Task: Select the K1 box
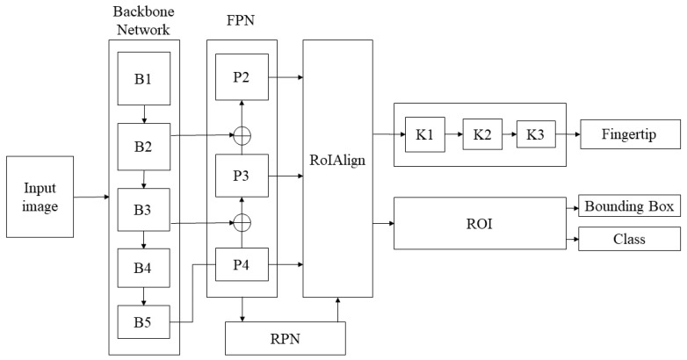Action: point(423,135)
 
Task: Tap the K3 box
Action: point(535,135)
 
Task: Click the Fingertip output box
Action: point(628,136)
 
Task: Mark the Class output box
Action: point(628,239)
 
